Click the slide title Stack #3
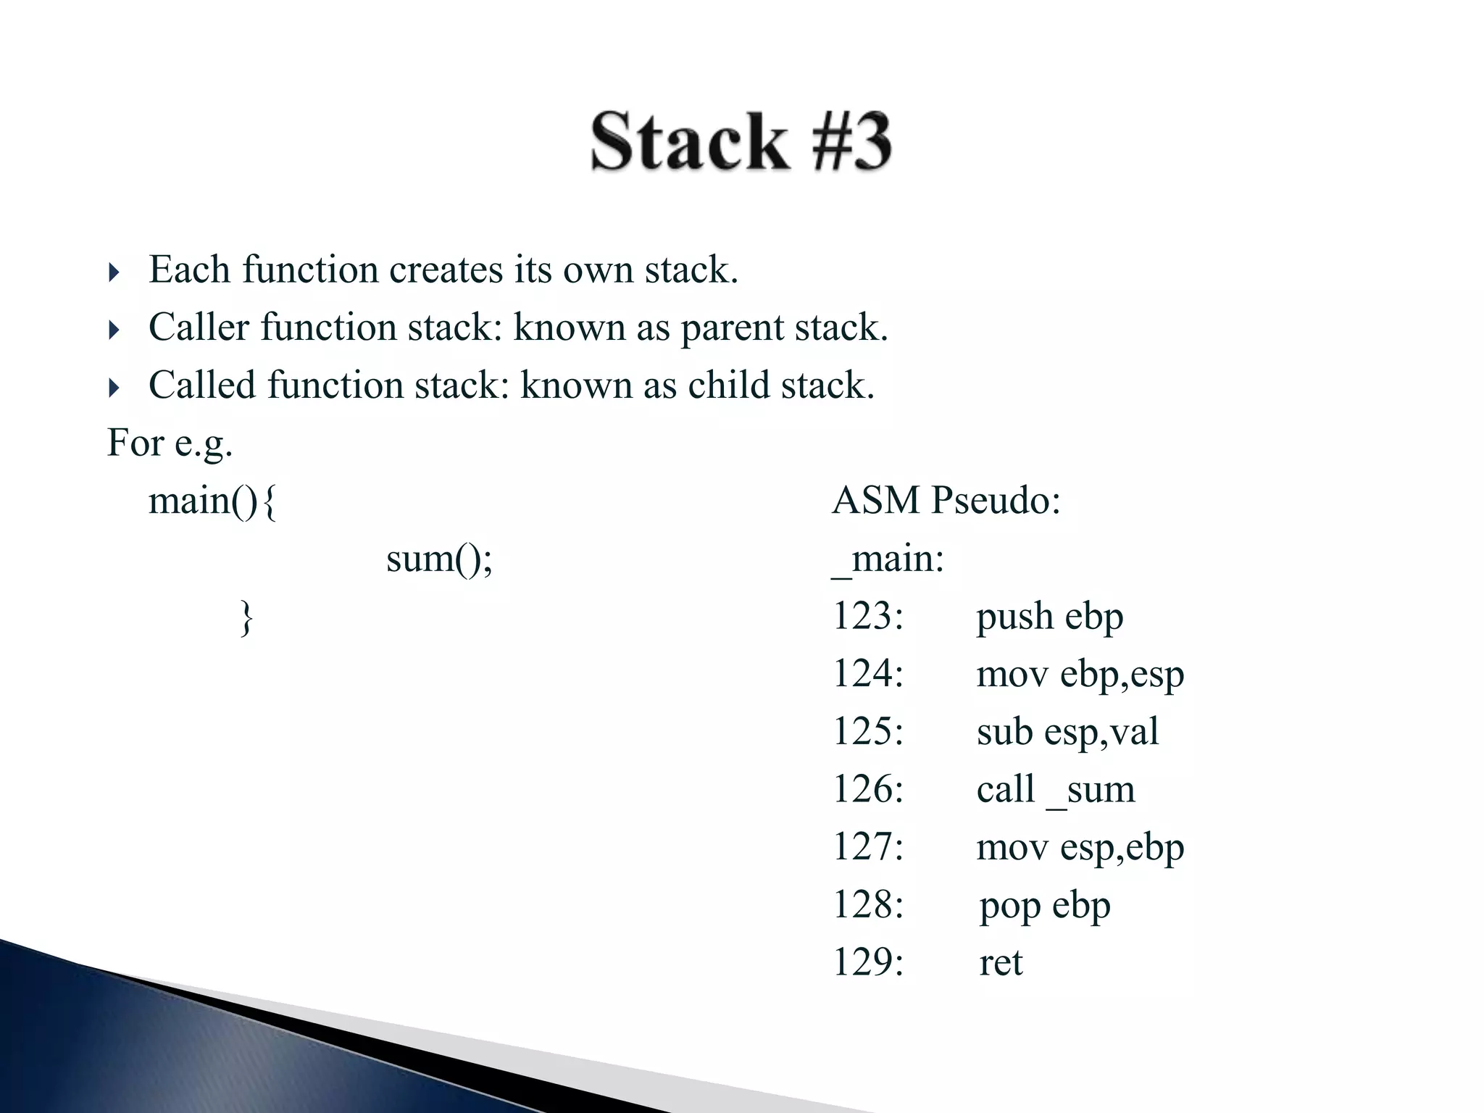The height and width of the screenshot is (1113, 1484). pyautogui.click(x=741, y=141)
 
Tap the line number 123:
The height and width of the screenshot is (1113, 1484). pyautogui.click(x=868, y=617)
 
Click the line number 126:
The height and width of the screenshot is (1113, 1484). pyautogui.click(x=868, y=789)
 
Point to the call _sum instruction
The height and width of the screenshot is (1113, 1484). pyautogui.click(x=1055, y=789)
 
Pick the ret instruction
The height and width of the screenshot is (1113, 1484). pyautogui.click(x=1001, y=963)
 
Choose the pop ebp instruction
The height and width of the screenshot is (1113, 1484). pyautogui.click(x=1044, y=906)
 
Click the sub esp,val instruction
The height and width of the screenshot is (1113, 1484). pyautogui.click(x=1067, y=732)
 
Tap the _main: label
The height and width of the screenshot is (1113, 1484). pyautogui.click(x=888, y=559)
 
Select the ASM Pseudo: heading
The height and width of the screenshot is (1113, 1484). pyautogui.click(x=946, y=501)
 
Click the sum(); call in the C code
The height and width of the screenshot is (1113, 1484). pyautogui.click(x=439, y=559)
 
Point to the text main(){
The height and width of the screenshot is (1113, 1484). pyautogui.click(x=212, y=501)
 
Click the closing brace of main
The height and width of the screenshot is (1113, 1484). pyautogui.click(x=246, y=617)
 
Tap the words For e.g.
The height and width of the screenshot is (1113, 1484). pyautogui.click(x=170, y=443)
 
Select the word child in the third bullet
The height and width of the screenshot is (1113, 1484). pyautogui.click(x=728, y=385)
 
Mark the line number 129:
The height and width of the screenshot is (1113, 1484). pyautogui.click(x=868, y=963)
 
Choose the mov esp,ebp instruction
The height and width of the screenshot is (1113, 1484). pyautogui.click(x=1080, y=847)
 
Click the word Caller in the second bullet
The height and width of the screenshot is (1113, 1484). pyautogui.click(x=199, y=328)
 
